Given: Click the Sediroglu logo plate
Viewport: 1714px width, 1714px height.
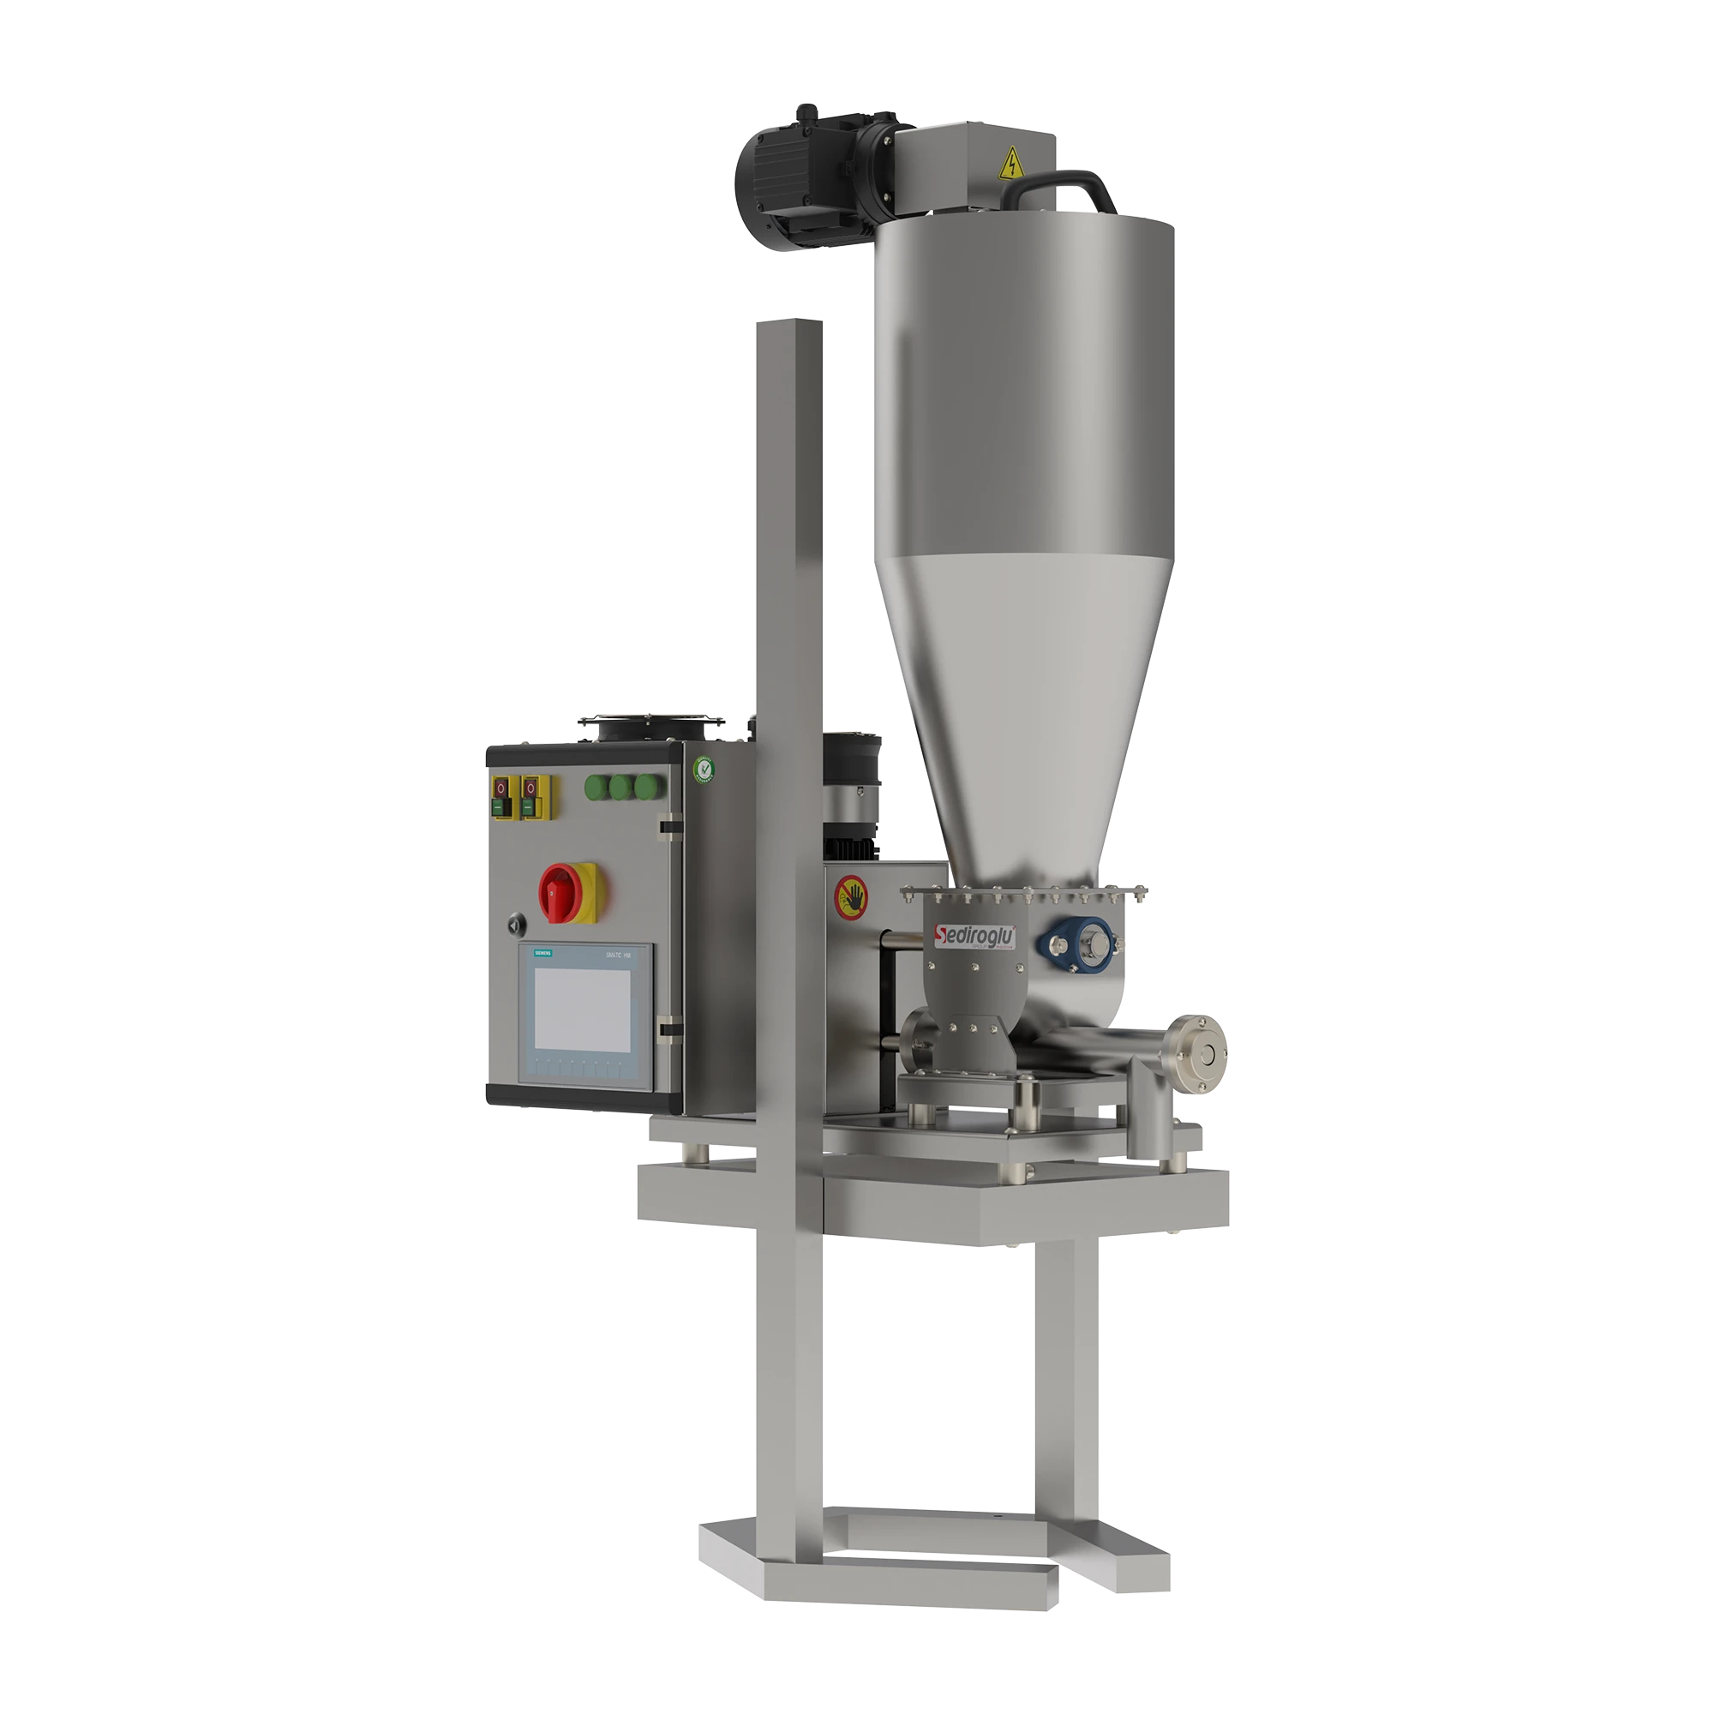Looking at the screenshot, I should [977, 935].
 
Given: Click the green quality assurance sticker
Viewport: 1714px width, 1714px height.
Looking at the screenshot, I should [703, 770].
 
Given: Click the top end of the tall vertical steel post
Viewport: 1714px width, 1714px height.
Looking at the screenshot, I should [788, 325].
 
